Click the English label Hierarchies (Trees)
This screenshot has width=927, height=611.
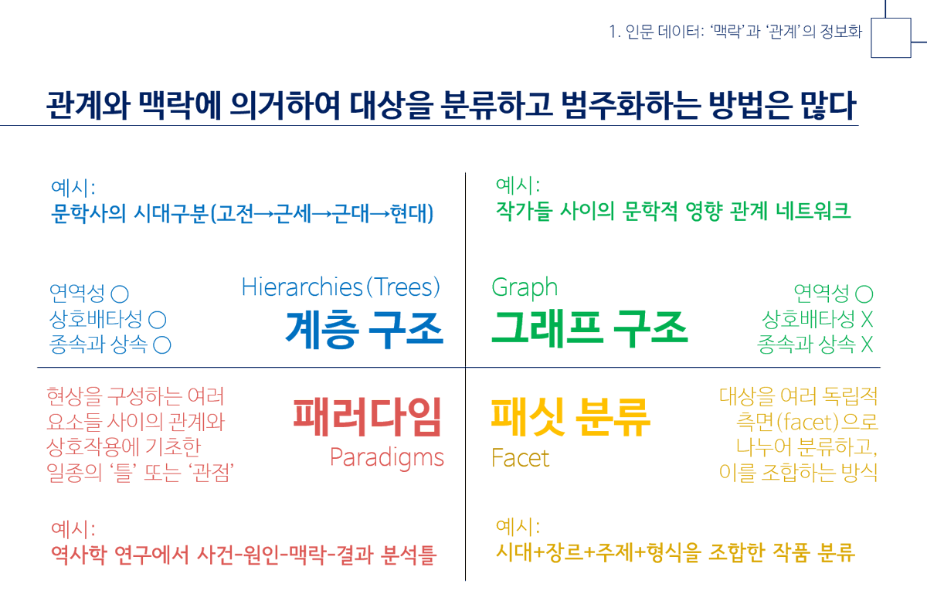341,287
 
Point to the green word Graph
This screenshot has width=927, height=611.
524,287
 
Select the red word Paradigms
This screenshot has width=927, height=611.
386,457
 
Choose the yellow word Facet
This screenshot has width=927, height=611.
520,458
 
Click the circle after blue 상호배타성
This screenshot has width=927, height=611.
157,319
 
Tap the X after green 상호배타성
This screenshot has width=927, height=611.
867,319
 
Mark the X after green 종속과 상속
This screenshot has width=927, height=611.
867,345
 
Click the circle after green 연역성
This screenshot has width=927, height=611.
865,294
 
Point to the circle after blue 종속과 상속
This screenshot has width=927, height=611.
162,345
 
